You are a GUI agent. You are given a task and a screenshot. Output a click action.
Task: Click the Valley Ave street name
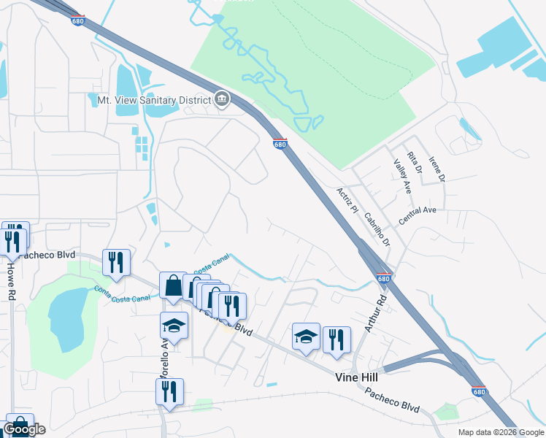coord(403,176)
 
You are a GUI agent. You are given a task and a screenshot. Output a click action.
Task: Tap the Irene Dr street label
coord(437,169)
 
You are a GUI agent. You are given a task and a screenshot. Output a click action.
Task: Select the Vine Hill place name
coord(357,377)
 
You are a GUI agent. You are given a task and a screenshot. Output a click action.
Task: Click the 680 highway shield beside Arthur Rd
coord(384,278)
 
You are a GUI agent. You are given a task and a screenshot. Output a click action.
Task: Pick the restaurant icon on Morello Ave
coord(169,391)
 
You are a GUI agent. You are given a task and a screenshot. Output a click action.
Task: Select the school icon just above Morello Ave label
coord(174,325)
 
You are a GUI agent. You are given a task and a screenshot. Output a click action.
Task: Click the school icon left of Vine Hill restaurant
coord(307,336)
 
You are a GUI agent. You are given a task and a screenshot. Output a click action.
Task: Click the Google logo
coord(25,429)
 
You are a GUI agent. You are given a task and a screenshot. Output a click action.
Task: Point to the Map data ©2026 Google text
coord(500,432)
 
